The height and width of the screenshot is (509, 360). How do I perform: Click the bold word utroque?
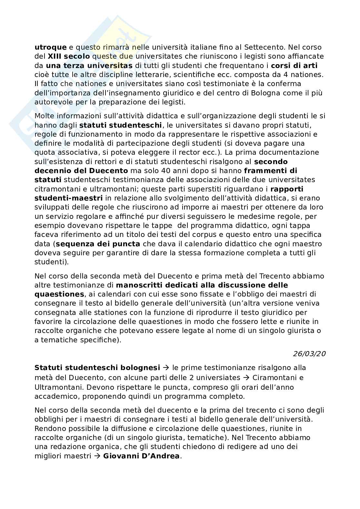pyautogui.click(x=51, y=47)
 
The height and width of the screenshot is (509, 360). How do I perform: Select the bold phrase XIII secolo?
pyautogui.click(x=69, y=56)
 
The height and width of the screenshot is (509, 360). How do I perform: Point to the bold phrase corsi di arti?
pyautogui.click(x=294, y=65)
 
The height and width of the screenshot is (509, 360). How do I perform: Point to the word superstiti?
pyautogui.click(x=212, y=189)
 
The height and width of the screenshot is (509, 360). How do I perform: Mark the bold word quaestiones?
pyautogui.click(x=59, y=294)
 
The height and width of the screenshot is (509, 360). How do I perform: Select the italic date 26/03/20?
pyautogui.click(x=309, y=354)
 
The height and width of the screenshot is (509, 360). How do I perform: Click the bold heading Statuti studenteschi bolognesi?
pyautogui.click(x=97, y=368)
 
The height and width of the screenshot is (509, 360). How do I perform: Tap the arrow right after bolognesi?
pyautogui.click(x=166, y=368)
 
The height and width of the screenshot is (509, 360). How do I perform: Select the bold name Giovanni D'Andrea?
pyautogui.click(x=141, y=456)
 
